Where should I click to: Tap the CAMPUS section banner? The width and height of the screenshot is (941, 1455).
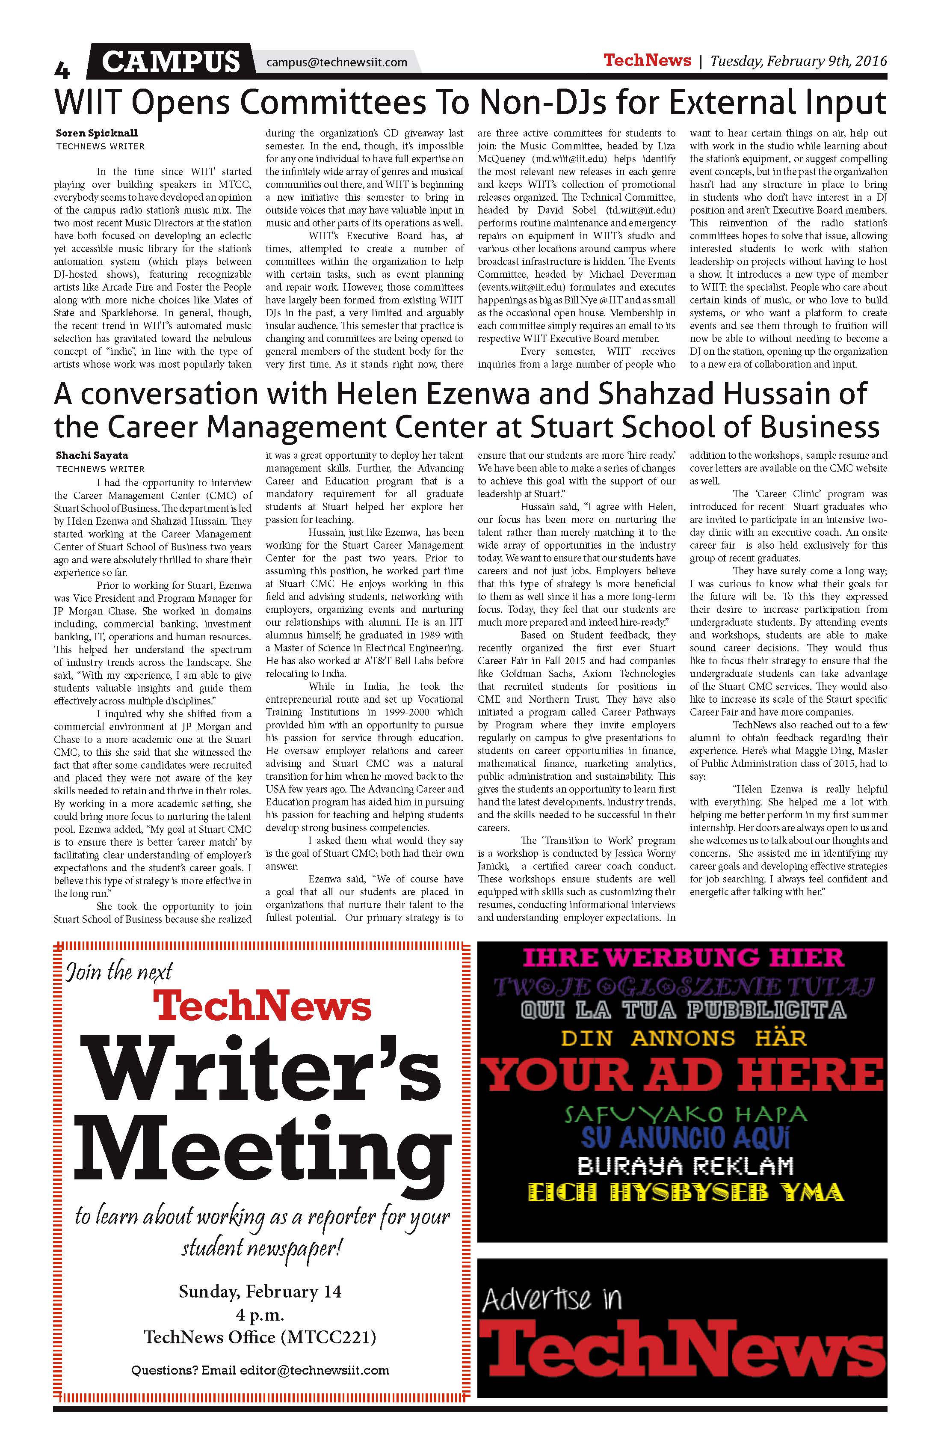(171, 62)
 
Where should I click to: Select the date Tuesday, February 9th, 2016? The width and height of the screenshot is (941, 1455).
(798, 61)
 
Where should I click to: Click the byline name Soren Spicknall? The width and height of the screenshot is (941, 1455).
(97, 133)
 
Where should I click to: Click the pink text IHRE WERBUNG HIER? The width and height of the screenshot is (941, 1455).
(683, 957)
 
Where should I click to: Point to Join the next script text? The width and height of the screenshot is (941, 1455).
(119, 972)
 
